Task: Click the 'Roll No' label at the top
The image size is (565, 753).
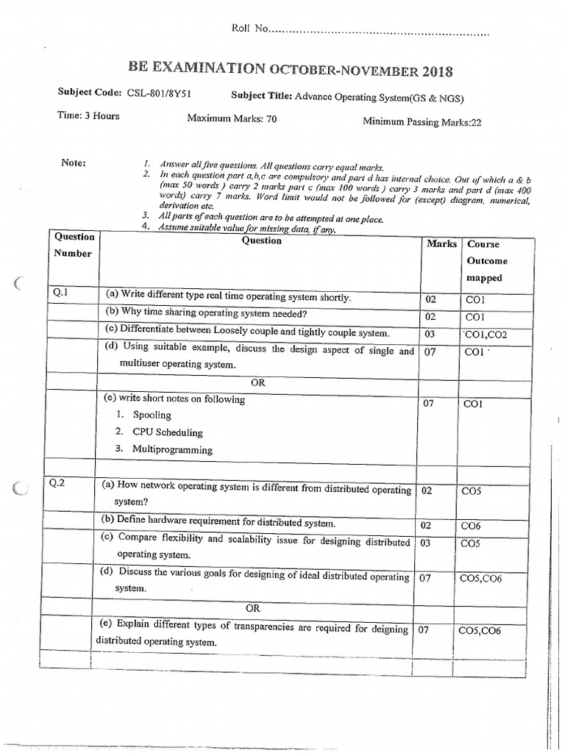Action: pos(249,29)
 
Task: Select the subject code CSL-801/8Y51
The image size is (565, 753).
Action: pos(159,93)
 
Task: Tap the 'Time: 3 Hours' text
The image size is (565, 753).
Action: pos(88,115)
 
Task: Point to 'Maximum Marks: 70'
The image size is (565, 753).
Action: pos(232,118)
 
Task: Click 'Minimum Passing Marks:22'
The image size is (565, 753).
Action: pos(422,122)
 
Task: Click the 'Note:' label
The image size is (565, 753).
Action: pos(74,163)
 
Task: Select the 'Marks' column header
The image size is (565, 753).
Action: pos(441,243)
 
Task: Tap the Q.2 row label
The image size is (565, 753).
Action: pos(59,483)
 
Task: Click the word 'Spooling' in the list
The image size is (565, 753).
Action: pos(152,415)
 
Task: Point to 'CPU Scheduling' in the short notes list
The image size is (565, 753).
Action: pos(168,432)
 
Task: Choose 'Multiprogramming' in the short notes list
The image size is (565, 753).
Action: pos(172,449)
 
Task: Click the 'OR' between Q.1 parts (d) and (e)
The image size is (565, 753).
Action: pos(257,383)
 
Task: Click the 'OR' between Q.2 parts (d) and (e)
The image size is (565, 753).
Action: pos(253,608)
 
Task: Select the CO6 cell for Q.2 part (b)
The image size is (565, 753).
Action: pos(471,526)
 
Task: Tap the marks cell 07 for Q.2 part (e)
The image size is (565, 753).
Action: pos(423,630)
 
